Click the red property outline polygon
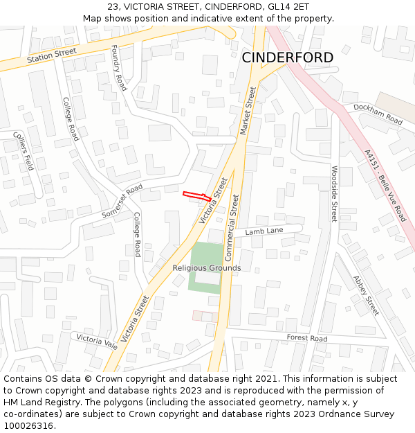tap(196, 196)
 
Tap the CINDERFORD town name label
tap(287, 58)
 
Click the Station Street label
tap(52, 56)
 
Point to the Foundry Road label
tap(119, 69)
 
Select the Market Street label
tap(247, 111)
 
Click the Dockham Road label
tap(378, 114)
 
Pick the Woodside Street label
tap(333, 194)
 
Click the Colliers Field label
tap(21, 150)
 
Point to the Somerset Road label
tap(122, 201)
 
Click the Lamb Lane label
tap(264, 231)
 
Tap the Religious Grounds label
tap(207, 268)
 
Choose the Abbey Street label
tap(366, 295)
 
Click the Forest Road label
tap(307, 339)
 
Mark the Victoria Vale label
tap(97, 341)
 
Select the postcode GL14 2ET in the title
tap(286, 6)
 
